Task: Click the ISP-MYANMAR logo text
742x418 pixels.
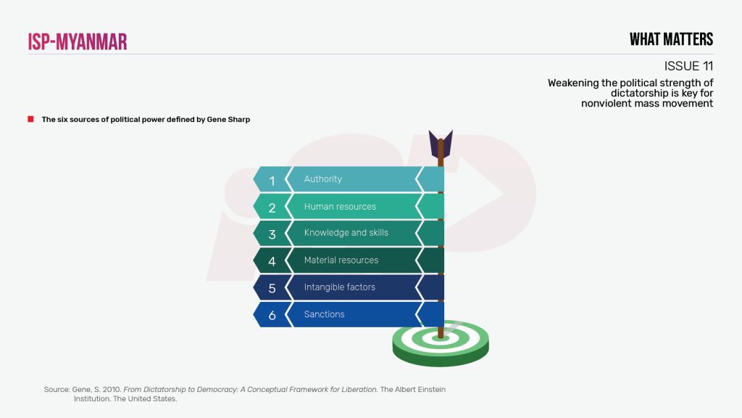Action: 78,41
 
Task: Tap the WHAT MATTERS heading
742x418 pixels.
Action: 671,39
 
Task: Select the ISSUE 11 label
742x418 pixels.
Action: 688,66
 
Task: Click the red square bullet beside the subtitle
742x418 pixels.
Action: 30,119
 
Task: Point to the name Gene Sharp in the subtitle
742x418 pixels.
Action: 228,120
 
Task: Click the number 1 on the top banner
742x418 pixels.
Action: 272,181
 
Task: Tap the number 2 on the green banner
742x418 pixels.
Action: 272,208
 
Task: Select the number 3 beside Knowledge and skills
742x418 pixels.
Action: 272,234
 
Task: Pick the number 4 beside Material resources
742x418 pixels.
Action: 272,261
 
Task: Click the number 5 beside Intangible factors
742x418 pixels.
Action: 272,288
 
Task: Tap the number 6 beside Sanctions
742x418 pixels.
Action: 272,315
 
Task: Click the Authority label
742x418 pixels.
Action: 322,179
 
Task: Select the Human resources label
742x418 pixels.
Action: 340,207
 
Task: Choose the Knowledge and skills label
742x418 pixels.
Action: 346,233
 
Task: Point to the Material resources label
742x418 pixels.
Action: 341,261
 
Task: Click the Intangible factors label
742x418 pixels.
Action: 339,287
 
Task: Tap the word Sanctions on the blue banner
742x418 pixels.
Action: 324,314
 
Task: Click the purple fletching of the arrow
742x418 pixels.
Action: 441,144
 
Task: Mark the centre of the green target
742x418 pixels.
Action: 441,338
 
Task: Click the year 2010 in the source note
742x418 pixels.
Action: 112,390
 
